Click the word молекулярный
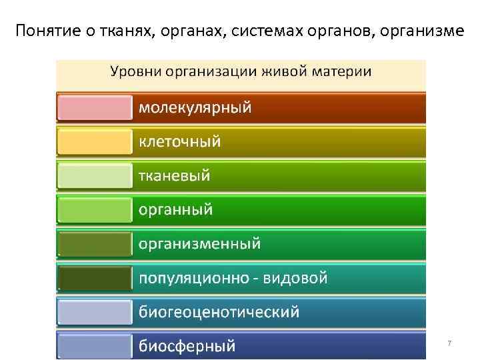pos(195,107)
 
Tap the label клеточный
pos(179,141)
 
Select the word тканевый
pos(174,176)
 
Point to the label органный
pos(175,210)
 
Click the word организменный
pos(199,244)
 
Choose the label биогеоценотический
pos(219,312)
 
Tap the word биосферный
pos(187,346)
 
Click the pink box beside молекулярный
pos(95,107)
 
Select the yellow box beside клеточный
pos(95,141)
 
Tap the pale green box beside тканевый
pos(95,176)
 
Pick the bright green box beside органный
pos(95,210)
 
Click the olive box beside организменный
pos(95,244)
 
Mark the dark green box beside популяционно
pos(95,278)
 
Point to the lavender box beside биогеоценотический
pos(95,312)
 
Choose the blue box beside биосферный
pos(95,346)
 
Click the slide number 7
pos(449,343)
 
